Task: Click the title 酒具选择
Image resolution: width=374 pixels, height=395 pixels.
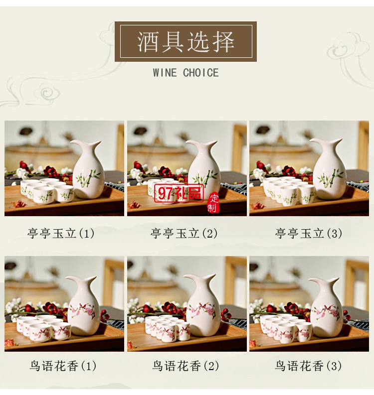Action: (186, 41)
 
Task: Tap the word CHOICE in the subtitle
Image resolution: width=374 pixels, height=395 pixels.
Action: (200, 73)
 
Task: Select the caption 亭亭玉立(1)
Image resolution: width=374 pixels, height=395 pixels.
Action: (61, 233)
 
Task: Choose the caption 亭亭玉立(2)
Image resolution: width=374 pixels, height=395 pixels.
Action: (184, 233)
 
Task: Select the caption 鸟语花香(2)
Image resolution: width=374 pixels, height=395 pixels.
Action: (186, 367)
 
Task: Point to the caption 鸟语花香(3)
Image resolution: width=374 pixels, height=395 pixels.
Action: (309, 367)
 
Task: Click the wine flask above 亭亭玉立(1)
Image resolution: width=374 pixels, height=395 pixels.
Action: (88, 172)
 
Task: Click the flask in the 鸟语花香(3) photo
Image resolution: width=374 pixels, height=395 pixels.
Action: (326, 309)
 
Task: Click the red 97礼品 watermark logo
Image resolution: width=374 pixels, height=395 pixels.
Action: (175, 193)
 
